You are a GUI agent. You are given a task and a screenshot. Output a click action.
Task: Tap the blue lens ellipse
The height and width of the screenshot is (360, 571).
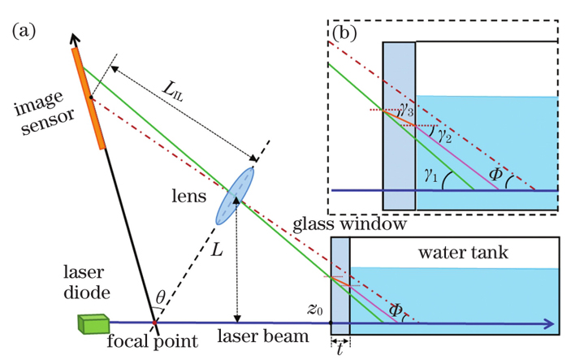(234, 196)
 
